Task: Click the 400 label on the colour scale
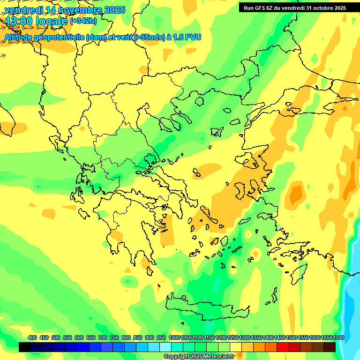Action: [32, 338]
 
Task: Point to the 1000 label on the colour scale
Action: [174, 338]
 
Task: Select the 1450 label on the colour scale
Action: [280, 338]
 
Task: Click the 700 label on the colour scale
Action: [103, 338]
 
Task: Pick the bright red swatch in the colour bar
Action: [283, 347]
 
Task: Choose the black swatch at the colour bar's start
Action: [25, 347]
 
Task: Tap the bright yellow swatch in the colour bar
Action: [236, 347]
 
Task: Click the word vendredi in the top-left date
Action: [24, 10]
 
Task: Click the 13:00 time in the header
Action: [18, 21]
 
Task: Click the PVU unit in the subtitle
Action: [193, 37]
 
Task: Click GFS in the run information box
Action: [259, 7]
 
